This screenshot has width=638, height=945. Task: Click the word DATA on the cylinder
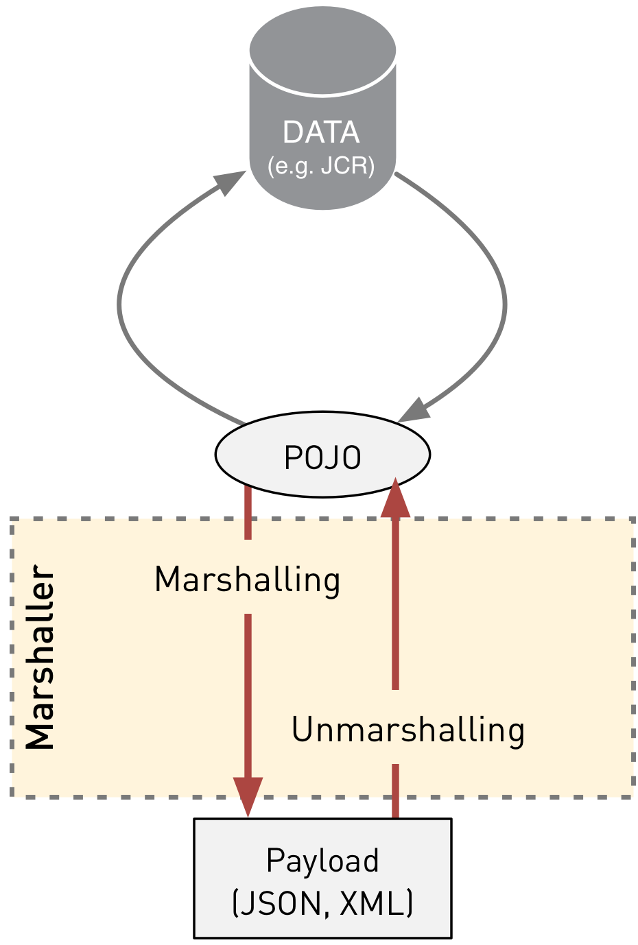click(x=321, y=132)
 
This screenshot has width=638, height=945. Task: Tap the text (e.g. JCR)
click(x=321, y=166)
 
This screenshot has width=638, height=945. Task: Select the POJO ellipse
click(x=322, y=455)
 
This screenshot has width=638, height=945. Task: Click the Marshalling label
click(x=247, y=579)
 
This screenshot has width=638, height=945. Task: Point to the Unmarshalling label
click(x=408, y=730)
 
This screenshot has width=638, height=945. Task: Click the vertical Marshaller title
click(x=40, y=658)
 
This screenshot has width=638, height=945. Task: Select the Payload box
click(x=322, y=878)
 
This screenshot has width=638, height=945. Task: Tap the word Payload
click(x=322, y=861)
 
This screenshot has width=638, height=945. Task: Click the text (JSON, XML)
click(x=322, y=903)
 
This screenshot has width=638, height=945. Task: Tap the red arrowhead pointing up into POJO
click(x=395, y=498)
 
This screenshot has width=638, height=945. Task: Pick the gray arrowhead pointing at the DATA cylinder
click(x=229, y=182)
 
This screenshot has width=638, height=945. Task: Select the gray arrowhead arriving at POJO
click(x=413, y=410)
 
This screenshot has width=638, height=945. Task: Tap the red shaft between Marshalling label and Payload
click(x=248, y=693)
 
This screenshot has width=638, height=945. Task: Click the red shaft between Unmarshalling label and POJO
click(x=395, y=603)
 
